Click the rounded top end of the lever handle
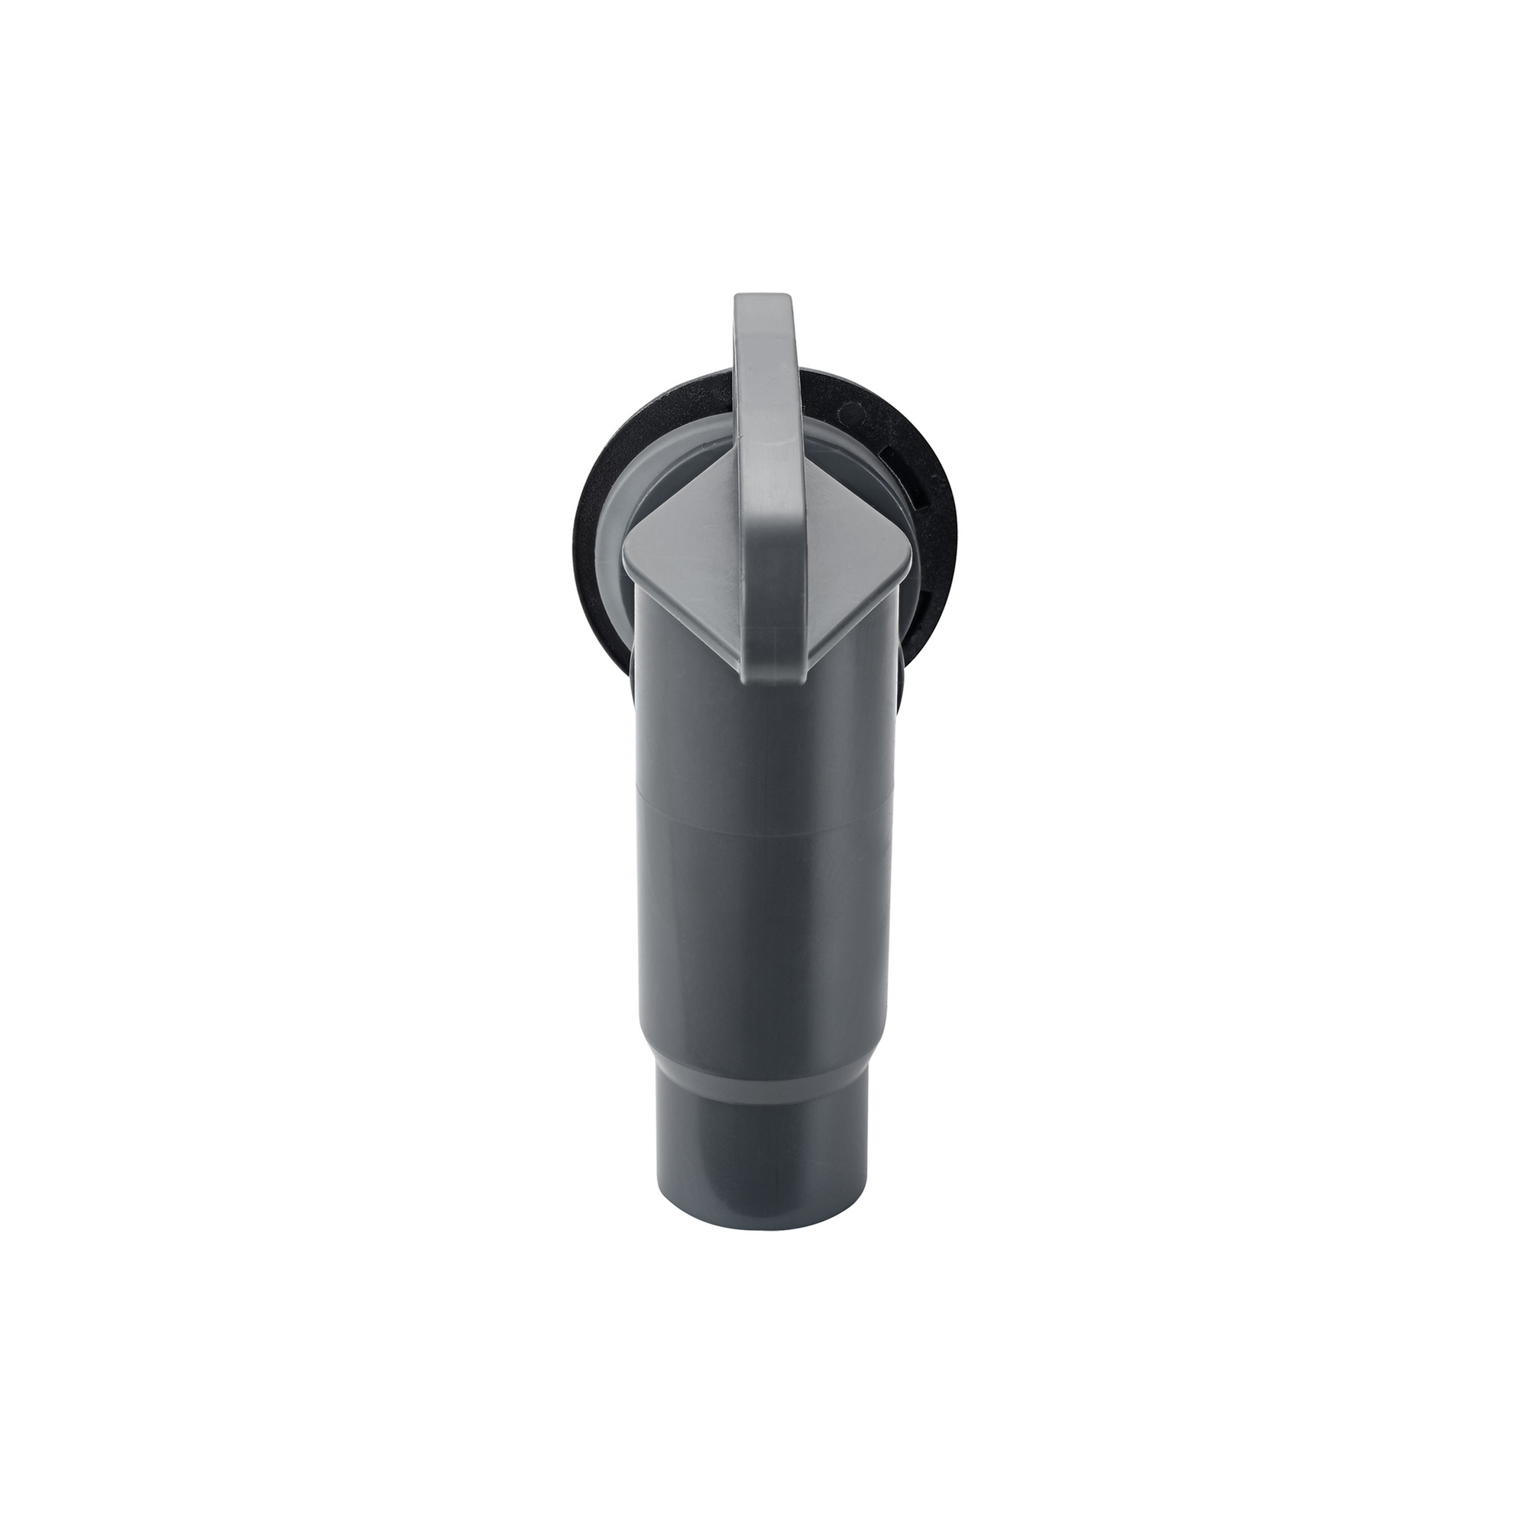coord(762,304)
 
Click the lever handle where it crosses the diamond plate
coord(771,554)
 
